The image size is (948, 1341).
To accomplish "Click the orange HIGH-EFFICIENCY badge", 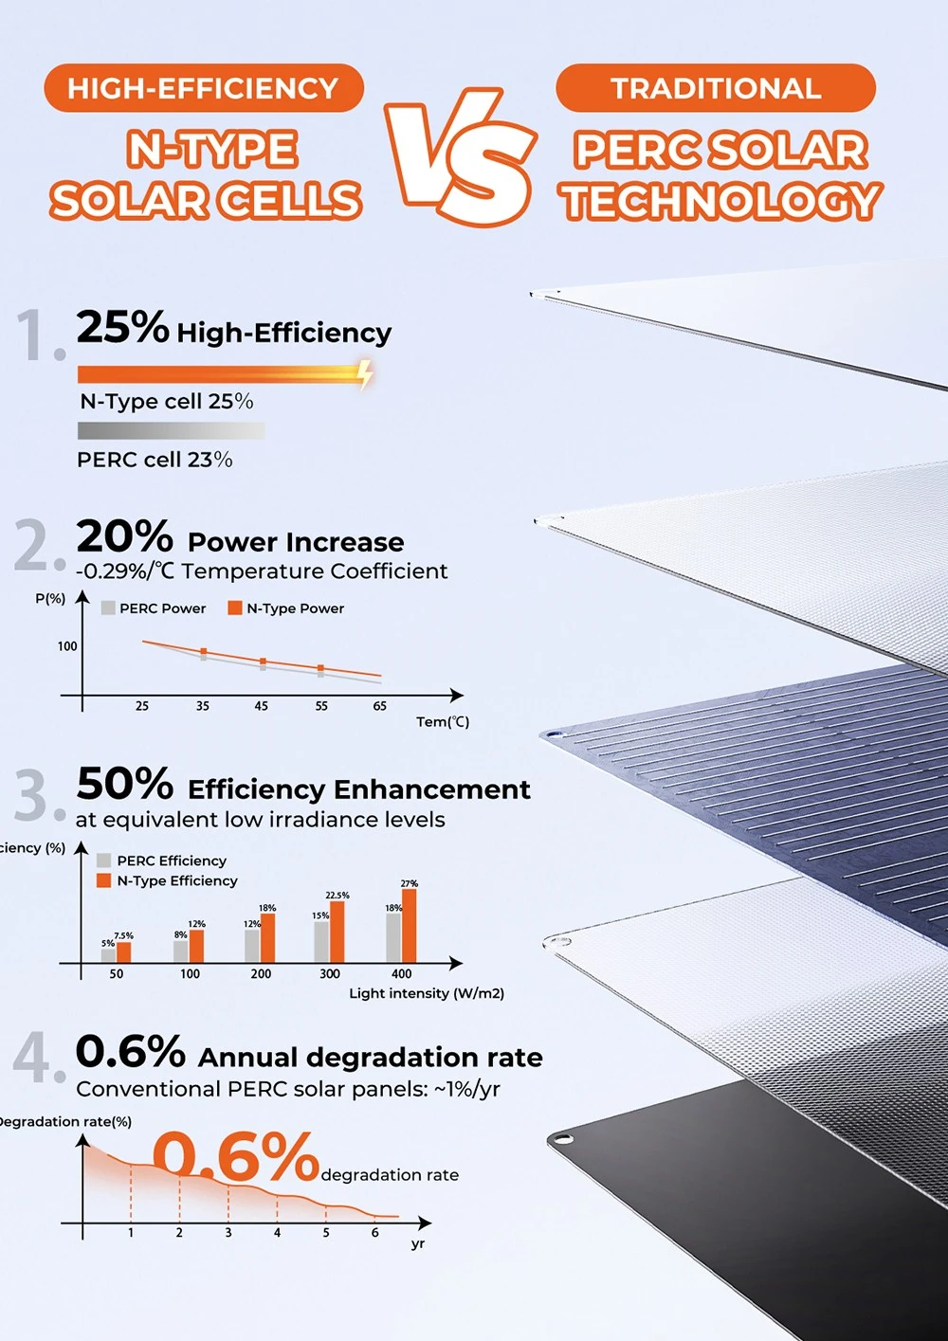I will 203,88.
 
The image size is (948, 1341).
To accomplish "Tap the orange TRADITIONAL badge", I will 715,88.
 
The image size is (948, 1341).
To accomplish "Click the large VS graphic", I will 462,156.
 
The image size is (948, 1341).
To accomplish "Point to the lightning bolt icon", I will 365,373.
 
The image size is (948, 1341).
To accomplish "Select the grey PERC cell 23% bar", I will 171,430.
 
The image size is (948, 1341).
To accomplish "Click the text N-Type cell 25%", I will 167,402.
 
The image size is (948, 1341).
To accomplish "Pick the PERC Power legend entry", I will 154,608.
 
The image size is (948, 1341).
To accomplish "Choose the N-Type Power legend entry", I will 286,608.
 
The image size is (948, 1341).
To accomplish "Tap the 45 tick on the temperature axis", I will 262,706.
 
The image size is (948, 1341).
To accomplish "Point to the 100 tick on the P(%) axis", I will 67,646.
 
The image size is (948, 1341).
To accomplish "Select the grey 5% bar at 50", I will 108,955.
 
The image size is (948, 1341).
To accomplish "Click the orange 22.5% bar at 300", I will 337,932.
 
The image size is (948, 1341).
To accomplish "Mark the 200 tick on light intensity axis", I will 261,974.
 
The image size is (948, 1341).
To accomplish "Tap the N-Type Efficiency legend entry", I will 168,881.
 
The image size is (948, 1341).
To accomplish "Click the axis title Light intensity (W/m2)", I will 427,993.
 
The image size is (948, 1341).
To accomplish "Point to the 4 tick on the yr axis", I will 277,1233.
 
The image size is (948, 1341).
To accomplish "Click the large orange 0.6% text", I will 236,1157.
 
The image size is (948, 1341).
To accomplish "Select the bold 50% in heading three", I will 124,784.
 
